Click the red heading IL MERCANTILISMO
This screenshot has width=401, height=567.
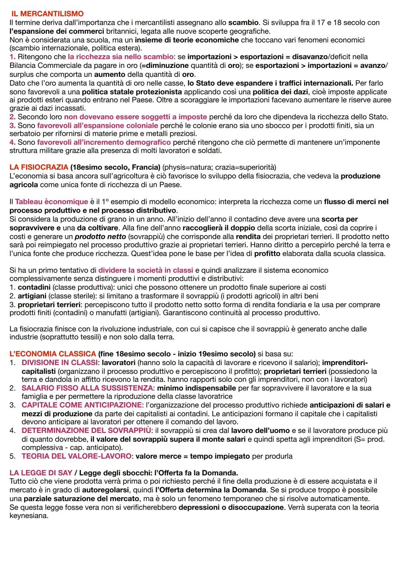47,14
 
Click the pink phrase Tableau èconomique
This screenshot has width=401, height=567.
52,202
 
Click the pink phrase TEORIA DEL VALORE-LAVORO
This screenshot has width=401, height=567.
76,456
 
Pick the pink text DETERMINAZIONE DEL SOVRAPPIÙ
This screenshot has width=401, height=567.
86,430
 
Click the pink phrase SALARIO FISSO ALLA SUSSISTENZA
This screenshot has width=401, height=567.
87,388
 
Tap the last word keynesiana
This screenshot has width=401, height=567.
29,516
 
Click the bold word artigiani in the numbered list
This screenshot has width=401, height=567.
32,296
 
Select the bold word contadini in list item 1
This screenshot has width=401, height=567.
33,287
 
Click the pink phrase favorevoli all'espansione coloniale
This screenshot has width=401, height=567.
98,126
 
